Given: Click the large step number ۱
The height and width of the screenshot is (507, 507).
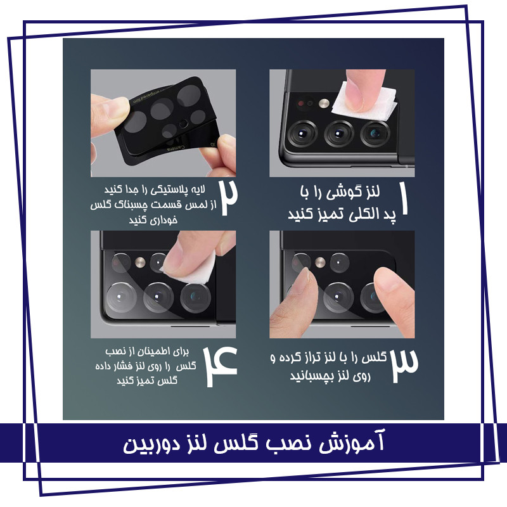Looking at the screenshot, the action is click(404, 198).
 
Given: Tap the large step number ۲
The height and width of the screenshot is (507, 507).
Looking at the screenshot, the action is click(229, 198).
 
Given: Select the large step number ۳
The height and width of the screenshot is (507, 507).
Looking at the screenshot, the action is click(404, 366).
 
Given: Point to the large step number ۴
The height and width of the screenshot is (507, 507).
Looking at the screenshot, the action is click(221, 366).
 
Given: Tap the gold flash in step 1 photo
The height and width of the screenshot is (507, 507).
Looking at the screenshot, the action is click(324, 103).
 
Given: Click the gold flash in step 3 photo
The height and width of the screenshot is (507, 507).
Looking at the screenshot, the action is click(320, 262).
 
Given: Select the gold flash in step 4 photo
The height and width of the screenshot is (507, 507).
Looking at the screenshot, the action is click(140, 262).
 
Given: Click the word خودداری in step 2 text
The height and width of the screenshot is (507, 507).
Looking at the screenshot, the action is click(153, 220).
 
